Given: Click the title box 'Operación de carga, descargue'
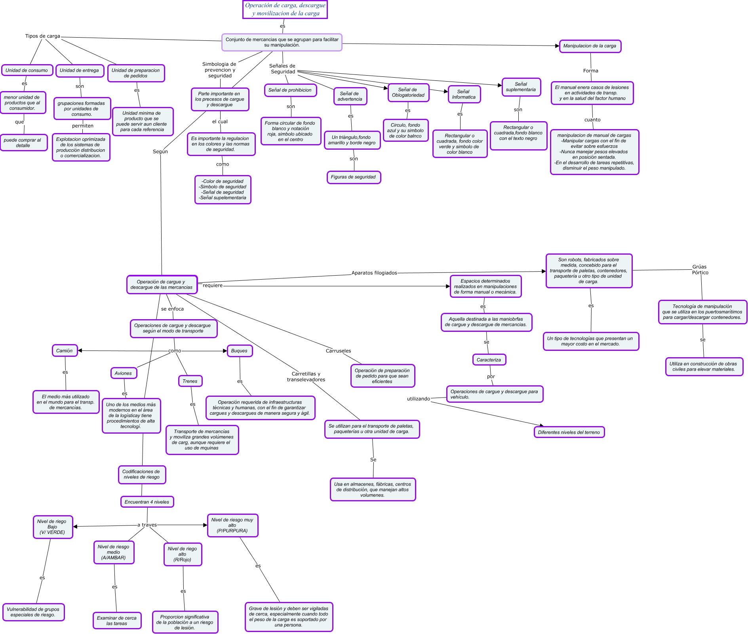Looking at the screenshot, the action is (x=285, y=10).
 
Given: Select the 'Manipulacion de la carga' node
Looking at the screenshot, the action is (x=590, y=46).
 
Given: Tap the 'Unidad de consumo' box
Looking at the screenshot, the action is (x=27, y=70).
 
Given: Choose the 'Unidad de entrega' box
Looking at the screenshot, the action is (x=79, y=70).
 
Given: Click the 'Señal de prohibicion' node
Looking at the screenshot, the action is (x=290, y=90).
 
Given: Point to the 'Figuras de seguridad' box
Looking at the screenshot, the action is (x=353, y=177).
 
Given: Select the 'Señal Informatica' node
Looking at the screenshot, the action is (x=464, y=94).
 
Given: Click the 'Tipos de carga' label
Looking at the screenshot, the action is (x=43, y=36).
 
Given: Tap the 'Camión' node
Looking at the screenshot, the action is (x=65, y=350).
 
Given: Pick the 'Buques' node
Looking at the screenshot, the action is (x=240, y=351).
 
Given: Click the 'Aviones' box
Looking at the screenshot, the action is (x=124, y=373).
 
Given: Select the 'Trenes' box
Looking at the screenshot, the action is (x=190, y=381).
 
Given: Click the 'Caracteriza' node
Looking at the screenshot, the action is (x=489, y=360).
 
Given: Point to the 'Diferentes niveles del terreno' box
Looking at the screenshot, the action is (x=569, y=432).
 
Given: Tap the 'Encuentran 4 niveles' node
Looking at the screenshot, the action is (x=147, y=502).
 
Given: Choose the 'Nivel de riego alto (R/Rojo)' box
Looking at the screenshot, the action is (x=183, y=554).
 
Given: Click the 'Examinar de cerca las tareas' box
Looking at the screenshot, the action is (x=117, y=621).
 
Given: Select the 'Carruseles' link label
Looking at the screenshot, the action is (x=338, y=351).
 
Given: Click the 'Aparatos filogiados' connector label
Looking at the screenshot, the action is (x=374, y=273).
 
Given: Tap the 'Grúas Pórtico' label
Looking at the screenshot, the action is (x=700, y=270).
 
